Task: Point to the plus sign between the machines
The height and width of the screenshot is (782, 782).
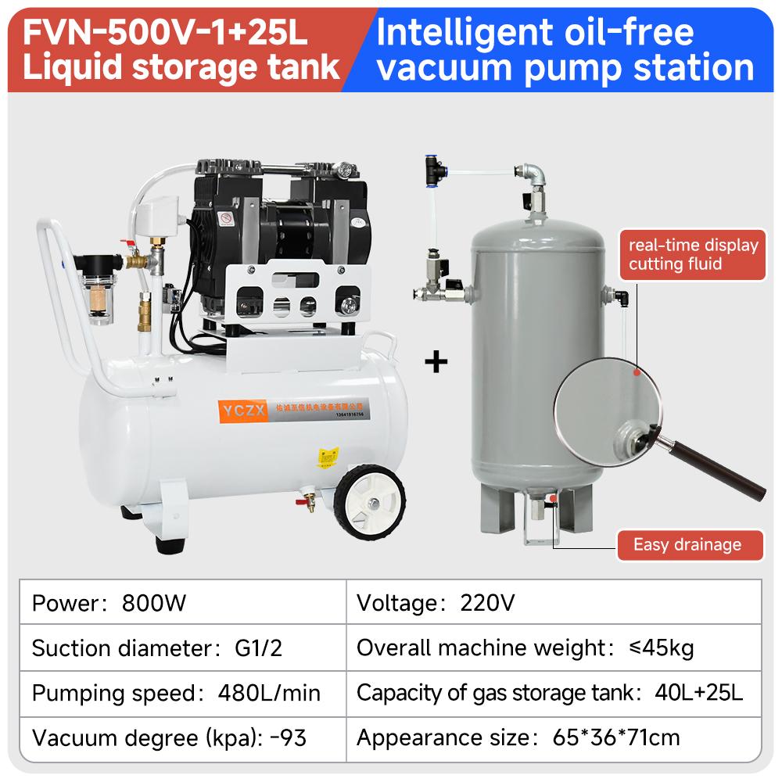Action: [x=436, y=362]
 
